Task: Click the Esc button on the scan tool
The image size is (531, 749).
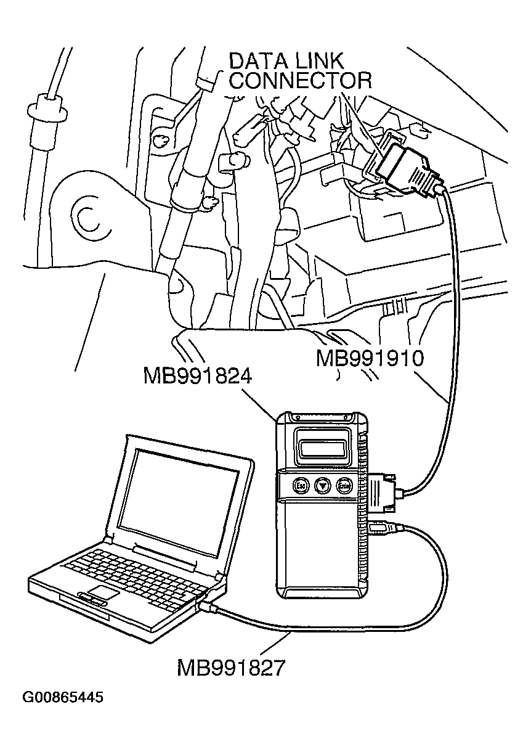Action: pyautogui.click(x=301, y=485)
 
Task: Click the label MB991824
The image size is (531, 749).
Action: pyautogui.click(x=197, y=376)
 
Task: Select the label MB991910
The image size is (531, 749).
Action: pyautogui.click(x=370, y=359)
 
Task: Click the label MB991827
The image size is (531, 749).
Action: pyautogui.click(x=232, y=668)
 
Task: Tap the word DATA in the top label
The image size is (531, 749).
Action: pyautogui.click(x=258, y=62)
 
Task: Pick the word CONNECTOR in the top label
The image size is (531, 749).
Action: pyautogui.click(x=301, y=81)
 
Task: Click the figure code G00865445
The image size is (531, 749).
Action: pyautogui.click(x=63, y=698)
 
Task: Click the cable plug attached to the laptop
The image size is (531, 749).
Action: pyautogui.click(x=208, y=607)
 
